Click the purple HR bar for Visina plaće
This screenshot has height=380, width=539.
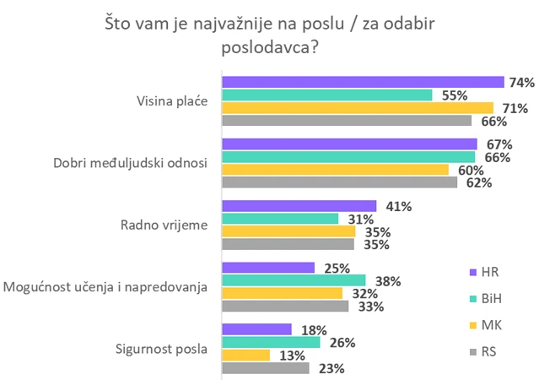pos(363,82)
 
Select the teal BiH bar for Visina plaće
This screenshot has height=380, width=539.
pos(327,95)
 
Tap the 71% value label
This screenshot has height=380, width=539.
pos(515,108)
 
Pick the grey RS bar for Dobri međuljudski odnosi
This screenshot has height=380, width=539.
pos(340,182)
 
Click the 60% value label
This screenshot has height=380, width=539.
pos(471,171)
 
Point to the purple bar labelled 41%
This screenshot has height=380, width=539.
pos(299,206)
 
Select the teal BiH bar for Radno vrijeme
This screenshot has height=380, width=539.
pos(280,219)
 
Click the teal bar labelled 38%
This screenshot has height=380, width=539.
pos(294,280)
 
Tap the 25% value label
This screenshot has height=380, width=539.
pos(337,269)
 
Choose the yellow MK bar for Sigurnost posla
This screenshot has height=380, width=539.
pos(245,355)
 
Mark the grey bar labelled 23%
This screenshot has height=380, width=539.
pos(266,368)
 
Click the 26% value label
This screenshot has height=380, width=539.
pos(342,343)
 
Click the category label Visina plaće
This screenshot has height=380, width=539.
pos(172,101)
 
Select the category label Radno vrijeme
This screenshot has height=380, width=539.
pos(164,225)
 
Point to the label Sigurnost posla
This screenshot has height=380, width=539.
pos(161,349)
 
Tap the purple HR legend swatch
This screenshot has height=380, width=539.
pos(473,272)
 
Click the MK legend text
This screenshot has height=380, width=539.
pos(492,325)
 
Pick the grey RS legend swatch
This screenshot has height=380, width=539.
pos(473,352)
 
